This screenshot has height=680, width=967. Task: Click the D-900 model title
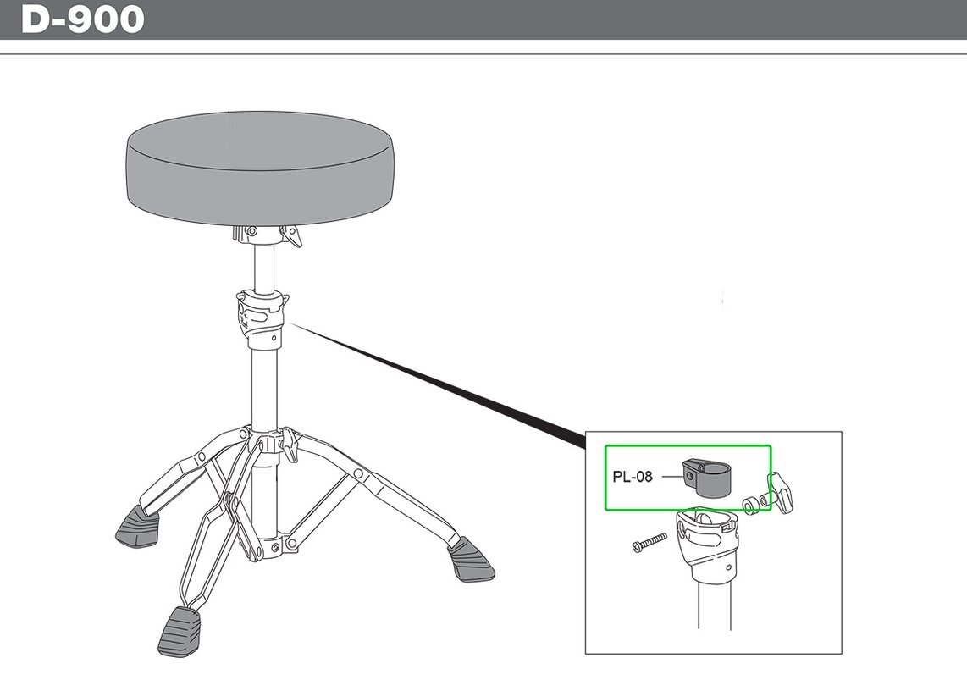pos(83,19)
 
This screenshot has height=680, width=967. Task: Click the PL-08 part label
pos(633,477)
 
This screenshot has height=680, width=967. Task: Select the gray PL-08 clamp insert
pos(705,478)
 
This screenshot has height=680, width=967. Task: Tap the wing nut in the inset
pos(780,492)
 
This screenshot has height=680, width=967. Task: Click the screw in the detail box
pos(649,543)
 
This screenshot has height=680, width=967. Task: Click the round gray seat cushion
pos(259,168)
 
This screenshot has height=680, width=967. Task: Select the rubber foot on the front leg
pos(180,632)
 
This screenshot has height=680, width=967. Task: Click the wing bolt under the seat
pos(290,236)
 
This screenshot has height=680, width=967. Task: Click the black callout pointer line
pos(437,384)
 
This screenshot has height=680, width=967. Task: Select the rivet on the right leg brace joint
pos(358,473)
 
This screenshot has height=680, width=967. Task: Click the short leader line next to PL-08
pos(671,477)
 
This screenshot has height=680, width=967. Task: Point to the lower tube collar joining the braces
pos(265,546)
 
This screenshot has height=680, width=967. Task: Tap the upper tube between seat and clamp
pos(264,268)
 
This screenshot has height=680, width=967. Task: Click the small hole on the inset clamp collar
pos(730,568)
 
